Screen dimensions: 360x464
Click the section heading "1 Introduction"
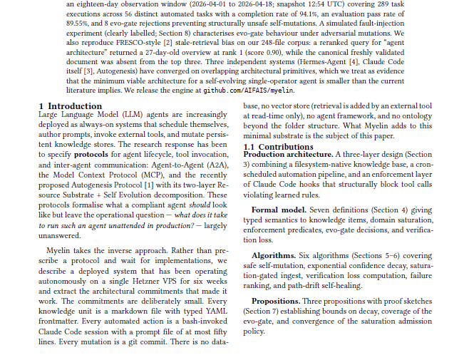click(70, 106)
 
